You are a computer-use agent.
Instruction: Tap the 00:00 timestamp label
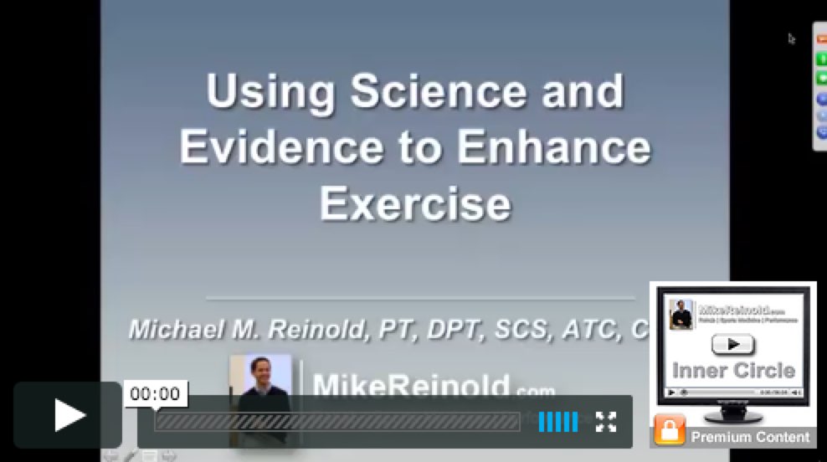(155, 394)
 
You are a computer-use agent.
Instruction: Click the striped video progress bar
(336, 422)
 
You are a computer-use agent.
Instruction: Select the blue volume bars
(557, 422)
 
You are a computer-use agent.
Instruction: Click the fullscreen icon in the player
(606, 422)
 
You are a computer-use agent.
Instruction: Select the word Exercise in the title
(414, 203)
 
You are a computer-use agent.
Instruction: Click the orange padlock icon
(669, 431)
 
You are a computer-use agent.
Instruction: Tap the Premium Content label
(750, 437)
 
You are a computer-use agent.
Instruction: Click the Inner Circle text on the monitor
(733, 369)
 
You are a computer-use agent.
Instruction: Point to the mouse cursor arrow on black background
(791, 38)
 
